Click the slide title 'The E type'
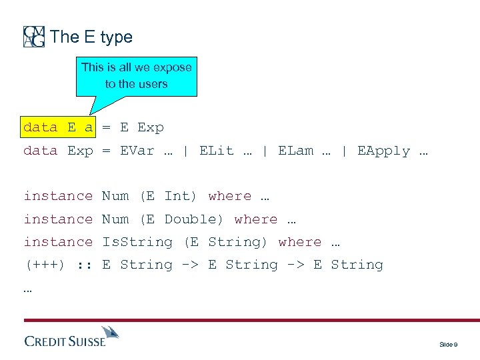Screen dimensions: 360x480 (x=91, y=37)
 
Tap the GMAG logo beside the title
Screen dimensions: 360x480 (x=34, y=37)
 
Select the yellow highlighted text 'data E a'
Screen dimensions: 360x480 (x=59, y=127)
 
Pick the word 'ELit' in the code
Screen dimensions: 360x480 (x=217, y=151)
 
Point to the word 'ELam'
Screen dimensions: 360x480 (x=295, y=151)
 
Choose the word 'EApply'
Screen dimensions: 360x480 (x=383, y=151)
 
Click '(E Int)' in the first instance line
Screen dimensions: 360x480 (x=168, y=196)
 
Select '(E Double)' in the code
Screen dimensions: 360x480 (x=181, y=219)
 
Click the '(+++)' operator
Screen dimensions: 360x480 (x=45, y=265)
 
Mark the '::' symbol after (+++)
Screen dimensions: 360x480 (x=85, y=265)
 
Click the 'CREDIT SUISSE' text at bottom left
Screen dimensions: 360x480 (x=65, y=341)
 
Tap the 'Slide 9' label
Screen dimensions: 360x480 (x=447, y=344)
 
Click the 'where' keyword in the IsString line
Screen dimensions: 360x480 (x=299, y=242)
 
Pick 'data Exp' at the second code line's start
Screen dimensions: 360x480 (x=59, y=151)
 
